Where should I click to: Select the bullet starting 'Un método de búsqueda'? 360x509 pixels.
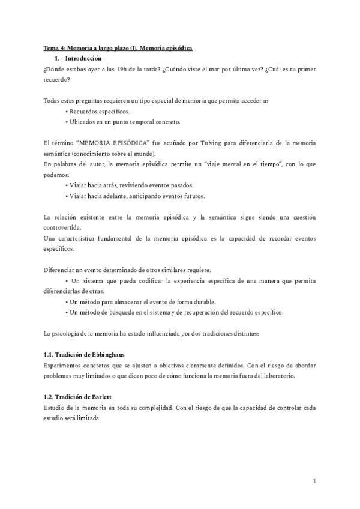tap(174, 312)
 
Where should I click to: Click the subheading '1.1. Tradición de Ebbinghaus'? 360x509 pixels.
tap(85, 355)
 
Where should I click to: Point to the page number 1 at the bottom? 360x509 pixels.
tap(314, 480)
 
